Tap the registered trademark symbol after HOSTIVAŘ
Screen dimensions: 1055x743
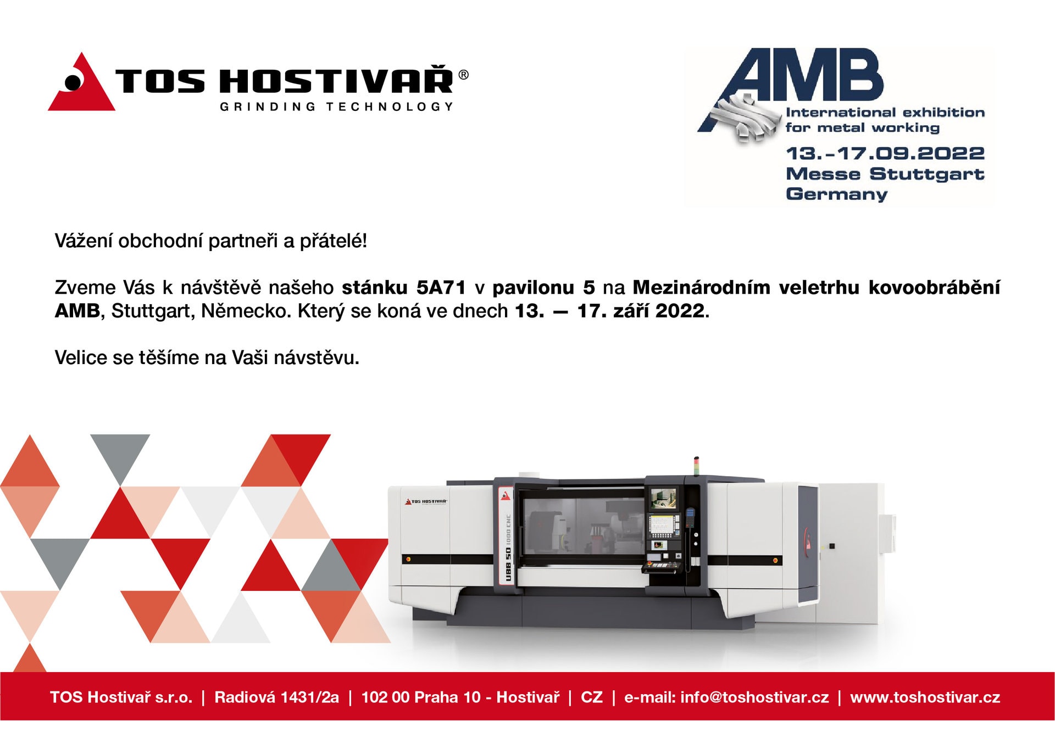(463, 75)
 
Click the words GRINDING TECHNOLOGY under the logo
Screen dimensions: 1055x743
(337, 107)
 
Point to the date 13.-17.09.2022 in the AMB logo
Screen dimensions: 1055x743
(885, 153)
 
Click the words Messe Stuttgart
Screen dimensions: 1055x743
(885, 174)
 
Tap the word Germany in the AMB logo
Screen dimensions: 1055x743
(836, 194)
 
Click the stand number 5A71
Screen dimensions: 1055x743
(441, 287)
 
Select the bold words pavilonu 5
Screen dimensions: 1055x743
(543, 287)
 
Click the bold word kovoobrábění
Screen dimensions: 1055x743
(934, 287)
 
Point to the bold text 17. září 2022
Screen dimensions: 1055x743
(641, 311)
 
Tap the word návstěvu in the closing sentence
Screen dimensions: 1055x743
(316, 357)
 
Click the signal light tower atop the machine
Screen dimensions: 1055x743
(696, 465)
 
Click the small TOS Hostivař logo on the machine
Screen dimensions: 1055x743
(426, 501)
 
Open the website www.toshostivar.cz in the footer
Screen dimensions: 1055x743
(925, 697)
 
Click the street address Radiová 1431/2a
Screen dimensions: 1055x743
(276, 697)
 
